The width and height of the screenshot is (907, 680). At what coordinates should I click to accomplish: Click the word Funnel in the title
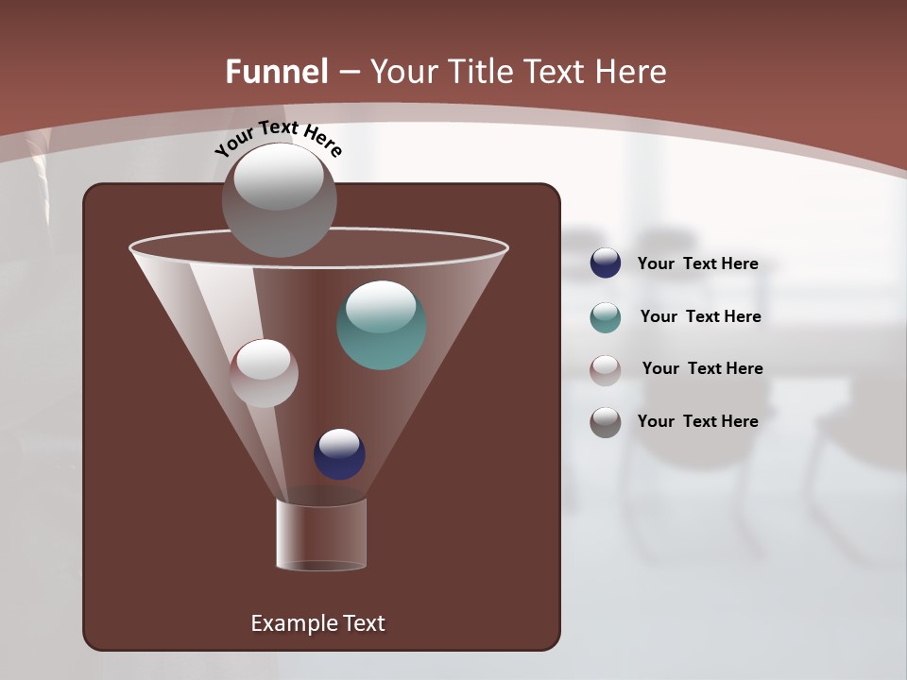(x=277, y=72)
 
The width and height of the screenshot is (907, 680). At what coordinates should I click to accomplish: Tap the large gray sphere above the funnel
(x=280, y=199)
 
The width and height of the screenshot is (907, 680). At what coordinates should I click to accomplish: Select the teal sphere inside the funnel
(x=382, y=325)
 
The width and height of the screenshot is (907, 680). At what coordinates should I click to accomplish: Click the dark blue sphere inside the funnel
(x=339, y=453)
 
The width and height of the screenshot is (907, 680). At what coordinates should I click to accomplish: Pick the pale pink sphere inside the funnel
(x=264, y=373)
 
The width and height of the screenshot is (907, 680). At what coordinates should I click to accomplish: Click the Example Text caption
(x=317, y=623)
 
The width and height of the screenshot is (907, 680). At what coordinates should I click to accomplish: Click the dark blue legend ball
(x=606, y=263)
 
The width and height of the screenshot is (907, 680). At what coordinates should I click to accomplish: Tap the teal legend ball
(x=606, y=317)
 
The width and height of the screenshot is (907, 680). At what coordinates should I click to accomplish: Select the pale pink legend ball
(x=606, y=369)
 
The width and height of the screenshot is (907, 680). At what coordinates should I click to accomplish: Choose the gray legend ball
(x=606, y=422)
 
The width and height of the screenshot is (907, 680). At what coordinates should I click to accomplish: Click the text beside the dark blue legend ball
(x=697, y=263)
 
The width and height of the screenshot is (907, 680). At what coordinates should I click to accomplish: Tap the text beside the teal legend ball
(x=700, y=316)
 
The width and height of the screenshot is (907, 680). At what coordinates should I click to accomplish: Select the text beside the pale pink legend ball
(x=702, y=368)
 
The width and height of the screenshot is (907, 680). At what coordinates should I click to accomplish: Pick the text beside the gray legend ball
(x=697, y=421)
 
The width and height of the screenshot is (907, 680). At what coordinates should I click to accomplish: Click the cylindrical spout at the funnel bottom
(x=321, y=535)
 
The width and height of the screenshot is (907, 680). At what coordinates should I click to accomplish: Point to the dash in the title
(x=349, y=73)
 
